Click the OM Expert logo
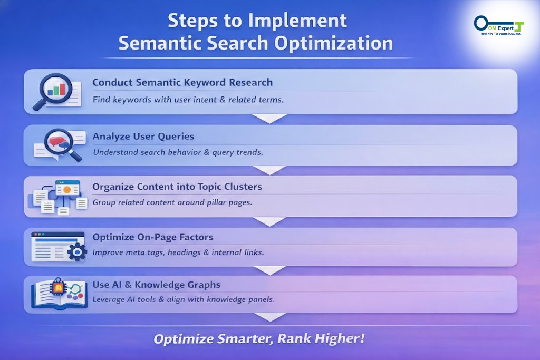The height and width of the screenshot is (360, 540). pyautogui.click(x=498, y=25)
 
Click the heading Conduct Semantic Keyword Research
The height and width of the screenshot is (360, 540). pyautogui.click(x=182, y=83)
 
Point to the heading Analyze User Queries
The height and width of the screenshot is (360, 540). pyautogui.click(x=143, y=137)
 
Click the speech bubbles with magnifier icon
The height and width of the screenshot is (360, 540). pyautogui.click(x=57, y=144)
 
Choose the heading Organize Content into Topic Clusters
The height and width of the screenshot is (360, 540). pyautogui.click(x=177, y=187)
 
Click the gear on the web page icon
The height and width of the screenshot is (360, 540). pyautogui.click(x=78, y=252)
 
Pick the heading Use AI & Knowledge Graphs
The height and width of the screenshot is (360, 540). pyautogui.click(x=156, y=285)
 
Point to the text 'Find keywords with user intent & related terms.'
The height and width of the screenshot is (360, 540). pyautogui.click(x=188, y=100)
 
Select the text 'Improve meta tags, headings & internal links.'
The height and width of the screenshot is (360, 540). pyautogui.click(x=178, y=252)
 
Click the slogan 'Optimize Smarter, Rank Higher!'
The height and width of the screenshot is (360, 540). pyautogui.click(x=259, y=338)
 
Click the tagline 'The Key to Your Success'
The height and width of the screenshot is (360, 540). pyautogui.click(x=500, y=34)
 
